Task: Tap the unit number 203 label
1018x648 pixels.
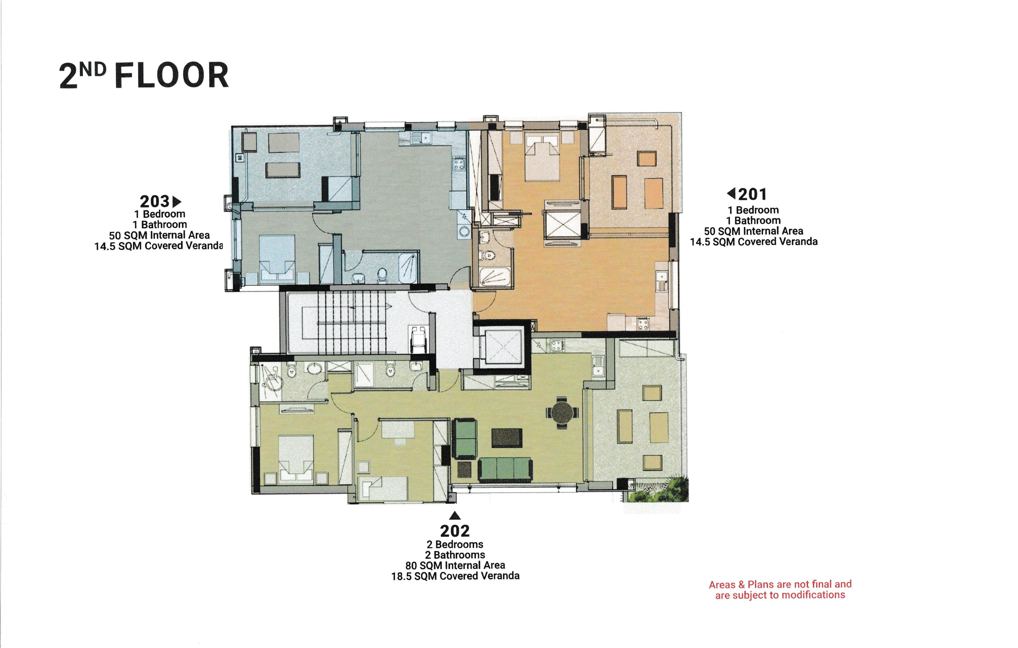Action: (x=155, y=201)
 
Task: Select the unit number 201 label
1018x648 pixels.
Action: (x=753, y=194)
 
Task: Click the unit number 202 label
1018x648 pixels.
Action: (x=455, y=530)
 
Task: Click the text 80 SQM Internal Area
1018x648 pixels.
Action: (x=455, y=565)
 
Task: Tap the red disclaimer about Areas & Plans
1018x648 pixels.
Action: (x=780, y=590)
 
